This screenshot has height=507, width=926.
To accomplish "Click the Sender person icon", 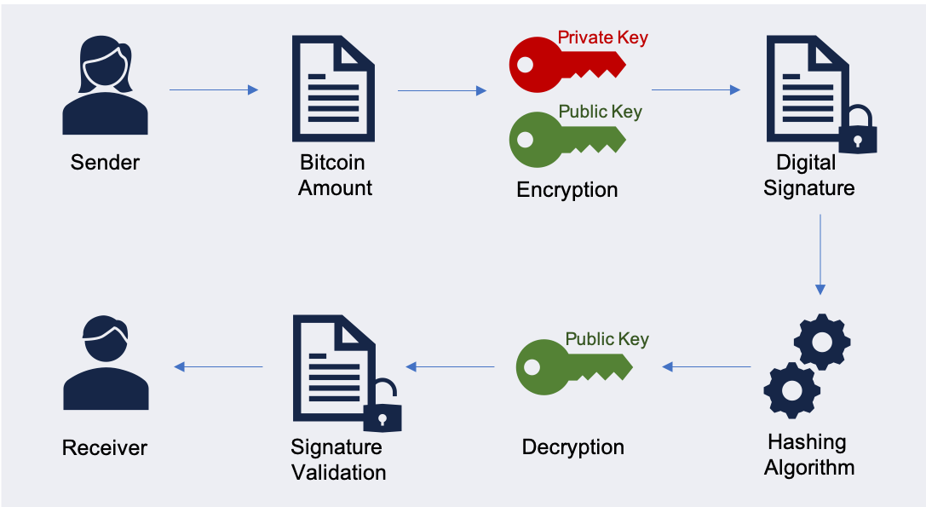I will coord(105,89).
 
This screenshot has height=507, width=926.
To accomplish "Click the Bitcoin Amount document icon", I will coord(333,89).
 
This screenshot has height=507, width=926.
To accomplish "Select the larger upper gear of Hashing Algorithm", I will coord(822,341).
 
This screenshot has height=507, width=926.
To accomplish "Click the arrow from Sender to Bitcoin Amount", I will coord(214,89).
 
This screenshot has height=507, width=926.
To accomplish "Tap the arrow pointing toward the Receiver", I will coord(218,366).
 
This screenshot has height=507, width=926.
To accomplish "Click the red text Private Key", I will coord(602,37).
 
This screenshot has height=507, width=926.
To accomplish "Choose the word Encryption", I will coord(567,189).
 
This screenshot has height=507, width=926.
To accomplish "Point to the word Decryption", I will coord(572,447).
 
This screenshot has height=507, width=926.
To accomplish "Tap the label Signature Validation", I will coord(338,459).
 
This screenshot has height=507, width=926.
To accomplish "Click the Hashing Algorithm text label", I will coord(808,455).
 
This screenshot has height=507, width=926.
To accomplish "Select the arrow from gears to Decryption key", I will coord(706,366).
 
